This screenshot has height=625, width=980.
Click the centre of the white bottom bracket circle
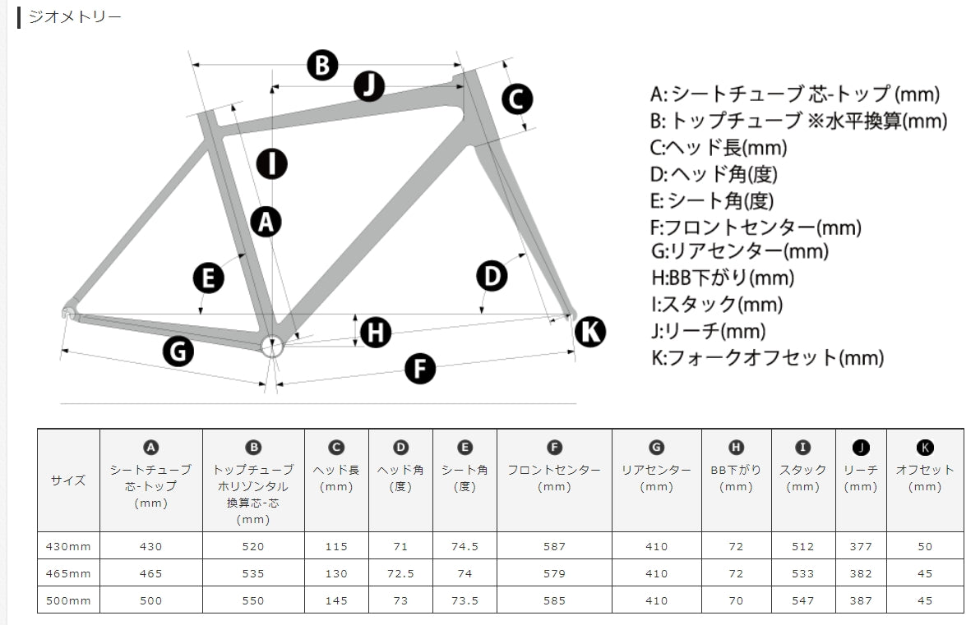pos(272,347)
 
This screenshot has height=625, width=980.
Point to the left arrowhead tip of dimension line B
pos(192,64)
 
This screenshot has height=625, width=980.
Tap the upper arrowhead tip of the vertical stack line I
pos(272,85)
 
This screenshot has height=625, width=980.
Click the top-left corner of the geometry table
pos(38,429)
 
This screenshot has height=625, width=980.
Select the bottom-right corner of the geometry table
pos(964,614)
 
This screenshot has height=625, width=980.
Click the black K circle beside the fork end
pos(590,332)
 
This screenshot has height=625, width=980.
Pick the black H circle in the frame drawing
pos(376,332)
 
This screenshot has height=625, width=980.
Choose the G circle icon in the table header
pos(656,447)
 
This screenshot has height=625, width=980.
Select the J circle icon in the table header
pos(861,447)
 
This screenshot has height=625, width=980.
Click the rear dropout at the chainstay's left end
pos(69,310)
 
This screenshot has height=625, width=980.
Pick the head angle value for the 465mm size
pos(400,574)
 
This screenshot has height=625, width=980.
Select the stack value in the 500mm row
pos(803,600)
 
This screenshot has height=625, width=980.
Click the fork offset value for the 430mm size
pos(925,547)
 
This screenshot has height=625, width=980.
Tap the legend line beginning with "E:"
pos(712,201)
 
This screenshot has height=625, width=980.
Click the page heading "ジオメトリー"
pos(75,17)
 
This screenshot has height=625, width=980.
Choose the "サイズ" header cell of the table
pos(68,480)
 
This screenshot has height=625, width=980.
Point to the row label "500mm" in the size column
pos(68,600)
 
